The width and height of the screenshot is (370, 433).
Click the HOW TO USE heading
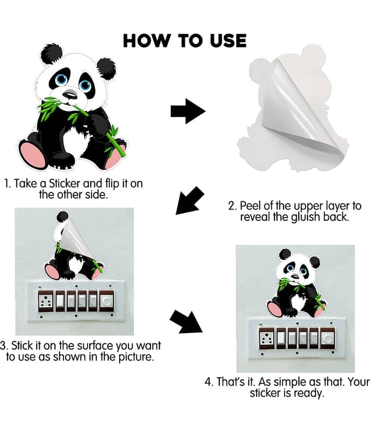pyautogui.click(x=185, y=41)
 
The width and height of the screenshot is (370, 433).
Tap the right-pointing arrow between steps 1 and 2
pyautogui.click(x=188, y=111)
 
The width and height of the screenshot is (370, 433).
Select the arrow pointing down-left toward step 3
pyautogui.click(x=190, y=200)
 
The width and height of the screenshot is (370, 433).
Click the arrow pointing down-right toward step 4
pyautogui.click(x=186, y=322)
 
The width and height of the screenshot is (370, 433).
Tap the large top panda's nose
pyautogui.click(x=69, y=95)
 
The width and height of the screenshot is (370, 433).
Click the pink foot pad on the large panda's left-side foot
pyautogui.click(x=33, y=155)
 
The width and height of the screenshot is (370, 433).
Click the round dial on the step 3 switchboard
pyautogui.click(x=106, y=301)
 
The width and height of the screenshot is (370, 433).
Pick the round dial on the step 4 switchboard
pyautogui.click(x=327, y=338)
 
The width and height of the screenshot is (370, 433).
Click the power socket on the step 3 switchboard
pyautogui.click(x=46, y=301)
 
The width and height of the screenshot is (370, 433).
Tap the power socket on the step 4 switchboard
pyautogui.click(x=267, y=338)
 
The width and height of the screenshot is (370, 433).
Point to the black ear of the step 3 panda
pyautogui.click(x=62, y=217)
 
